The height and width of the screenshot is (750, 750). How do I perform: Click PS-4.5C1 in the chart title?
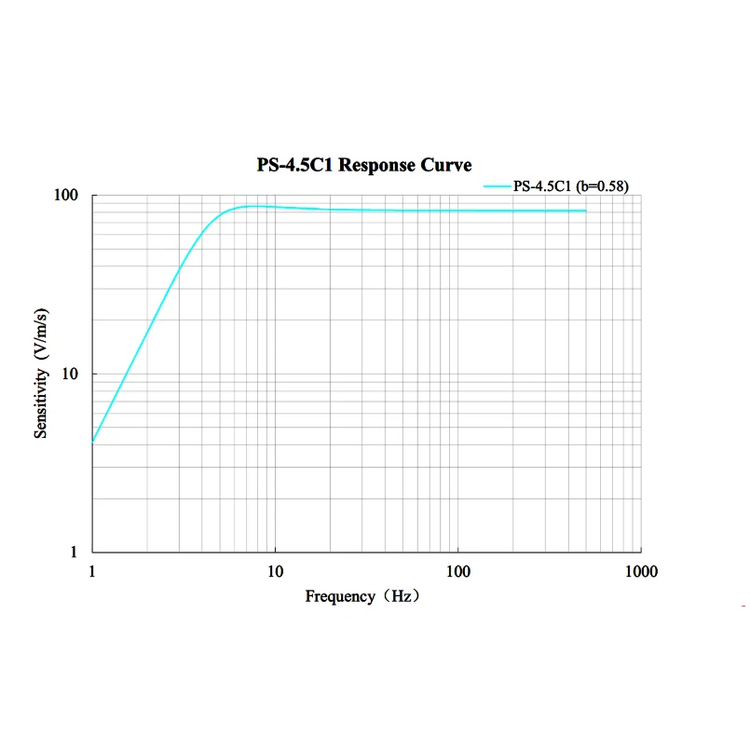click(293, 166)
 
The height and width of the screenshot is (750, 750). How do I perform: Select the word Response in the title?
click(382, 166)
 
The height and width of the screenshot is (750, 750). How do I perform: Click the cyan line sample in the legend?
click(497, 186)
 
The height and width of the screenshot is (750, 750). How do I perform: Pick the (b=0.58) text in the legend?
click(601, 186)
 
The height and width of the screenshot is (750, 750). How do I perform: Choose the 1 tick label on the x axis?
click(91, 571)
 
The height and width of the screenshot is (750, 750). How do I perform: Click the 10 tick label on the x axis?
click(275, 571)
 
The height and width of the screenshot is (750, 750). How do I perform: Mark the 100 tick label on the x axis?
click(457, 571)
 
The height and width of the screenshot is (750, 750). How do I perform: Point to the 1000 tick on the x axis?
click(640, 571)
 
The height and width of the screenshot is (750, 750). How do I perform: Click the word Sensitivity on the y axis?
click(41, 402)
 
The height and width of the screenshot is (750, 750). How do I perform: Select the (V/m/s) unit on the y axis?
click(41, 331)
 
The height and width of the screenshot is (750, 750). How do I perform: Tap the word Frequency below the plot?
click(340, 596)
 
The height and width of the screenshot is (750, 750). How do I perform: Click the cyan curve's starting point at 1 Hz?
click(92, 441)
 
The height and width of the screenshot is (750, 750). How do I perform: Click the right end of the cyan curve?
click(586, 211)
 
